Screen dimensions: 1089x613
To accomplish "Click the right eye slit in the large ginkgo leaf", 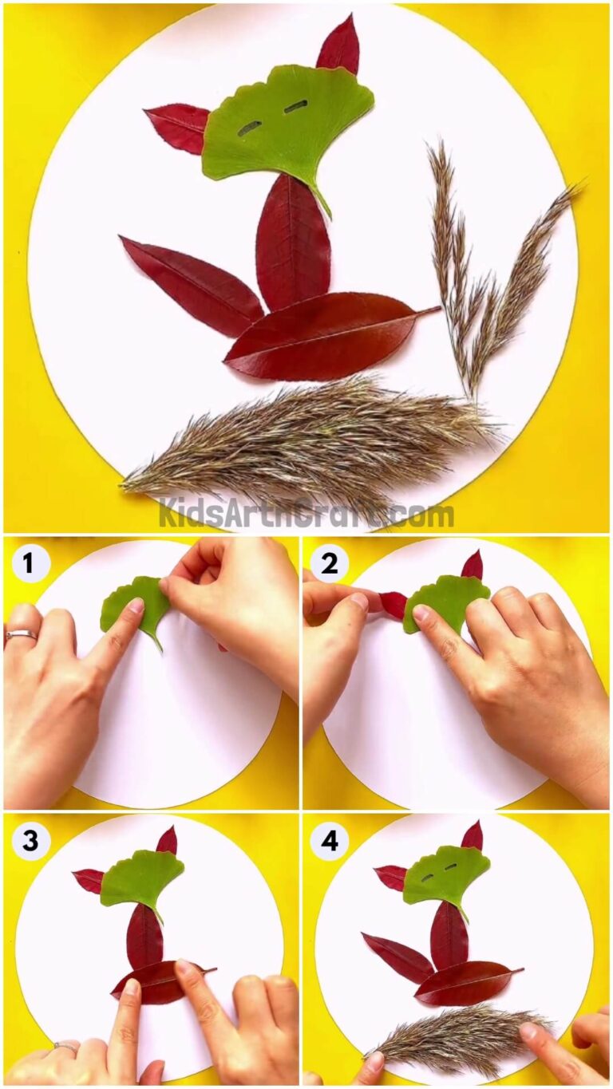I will click(296, 106).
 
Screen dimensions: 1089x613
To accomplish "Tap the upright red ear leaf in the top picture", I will click(339, 45).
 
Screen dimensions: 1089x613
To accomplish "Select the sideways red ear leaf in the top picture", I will click(179, 126).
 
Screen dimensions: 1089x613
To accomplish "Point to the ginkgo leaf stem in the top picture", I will click(322, 199).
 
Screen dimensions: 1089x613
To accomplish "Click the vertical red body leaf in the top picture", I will click(293, 243).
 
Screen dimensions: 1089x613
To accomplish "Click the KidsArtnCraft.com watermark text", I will click(306, 513).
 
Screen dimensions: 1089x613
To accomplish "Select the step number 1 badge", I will click(29, 564).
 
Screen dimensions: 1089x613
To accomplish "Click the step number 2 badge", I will click(328, 564).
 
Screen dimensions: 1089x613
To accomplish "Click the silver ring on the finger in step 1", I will click(21, 635).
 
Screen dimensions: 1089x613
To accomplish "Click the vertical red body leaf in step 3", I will click(144, 936).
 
